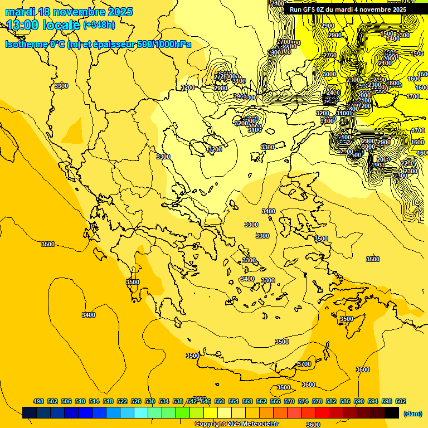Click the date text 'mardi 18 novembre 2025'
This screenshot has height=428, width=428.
tap(69, 12)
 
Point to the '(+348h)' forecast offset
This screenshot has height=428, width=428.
tap(99, 25)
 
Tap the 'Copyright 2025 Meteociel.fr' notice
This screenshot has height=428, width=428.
tap(236, 424)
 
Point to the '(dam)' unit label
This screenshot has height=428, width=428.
tap(413, 414)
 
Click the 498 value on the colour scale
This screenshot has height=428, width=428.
tap(38, 401)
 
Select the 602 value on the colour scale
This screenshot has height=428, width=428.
tap(401, 401)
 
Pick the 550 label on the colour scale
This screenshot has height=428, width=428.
tap(220, 401)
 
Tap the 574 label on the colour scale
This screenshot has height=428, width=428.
tap(303, 401)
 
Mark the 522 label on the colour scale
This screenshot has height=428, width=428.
tap(122, 401)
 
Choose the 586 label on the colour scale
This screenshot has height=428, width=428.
tap(345, 401)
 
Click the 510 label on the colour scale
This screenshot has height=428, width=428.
tap(80, 401)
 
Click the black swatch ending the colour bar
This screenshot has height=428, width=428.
tap(392, 412)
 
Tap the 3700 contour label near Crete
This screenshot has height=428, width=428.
tap(304, 364)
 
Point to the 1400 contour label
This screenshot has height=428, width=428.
tap(393, 38)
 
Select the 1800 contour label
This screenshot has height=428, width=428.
tap(393, 84)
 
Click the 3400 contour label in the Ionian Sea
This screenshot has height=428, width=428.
tap(89, 315)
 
